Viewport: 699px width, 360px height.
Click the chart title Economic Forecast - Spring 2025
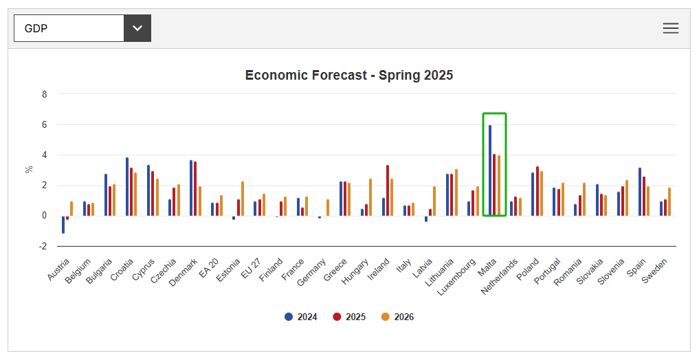[x=349, y=76]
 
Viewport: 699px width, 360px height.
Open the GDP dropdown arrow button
[x=137, y=28]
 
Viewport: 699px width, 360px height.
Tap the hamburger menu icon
[x=670, y=28]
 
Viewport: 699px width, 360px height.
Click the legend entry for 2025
[x=349, y=317]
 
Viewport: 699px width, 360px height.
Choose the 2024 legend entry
[x=301, y=317]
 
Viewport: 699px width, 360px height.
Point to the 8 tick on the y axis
[x=44, y=95]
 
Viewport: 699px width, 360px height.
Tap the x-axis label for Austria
[x=59, y=269]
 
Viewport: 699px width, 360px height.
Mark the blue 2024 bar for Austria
[x=63, y=224]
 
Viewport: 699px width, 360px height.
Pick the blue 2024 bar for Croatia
[x=127, y=187]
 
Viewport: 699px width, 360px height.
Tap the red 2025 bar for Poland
[x=537, y=191]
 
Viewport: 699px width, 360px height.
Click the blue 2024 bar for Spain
[x=640, y=192]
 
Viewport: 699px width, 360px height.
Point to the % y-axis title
[x=29, y=169]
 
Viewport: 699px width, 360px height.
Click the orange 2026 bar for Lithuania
[x=456, y=192]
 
